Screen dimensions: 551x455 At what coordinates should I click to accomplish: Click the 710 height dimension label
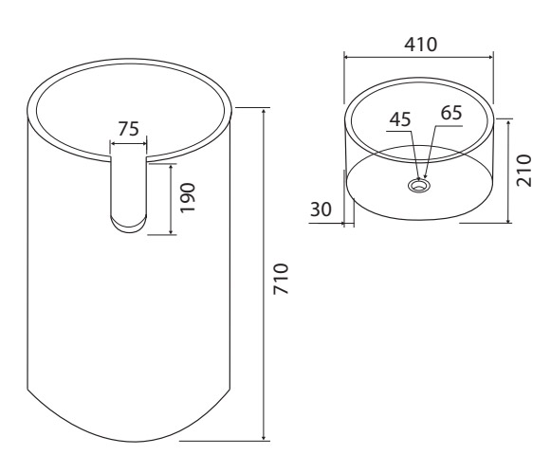pos(281,279)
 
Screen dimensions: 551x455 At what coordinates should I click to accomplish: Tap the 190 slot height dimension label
pos(187,197)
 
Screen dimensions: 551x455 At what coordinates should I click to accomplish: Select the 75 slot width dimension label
pos(128,129)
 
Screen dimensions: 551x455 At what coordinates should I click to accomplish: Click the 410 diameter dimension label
pos(421,45)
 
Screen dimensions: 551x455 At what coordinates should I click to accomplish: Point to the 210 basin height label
pos(523,171)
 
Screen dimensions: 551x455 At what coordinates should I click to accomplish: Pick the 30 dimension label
pos(321,209)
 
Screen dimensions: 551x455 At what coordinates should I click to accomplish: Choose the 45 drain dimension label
pos(400,119)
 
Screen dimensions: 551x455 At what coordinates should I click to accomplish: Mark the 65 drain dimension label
pos(451,113)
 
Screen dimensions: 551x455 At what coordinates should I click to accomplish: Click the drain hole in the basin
pos(419,185)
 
